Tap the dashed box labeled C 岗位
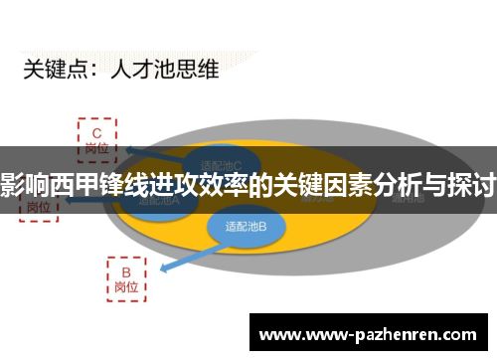pos(97,138)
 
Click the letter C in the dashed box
pos(97,130)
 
